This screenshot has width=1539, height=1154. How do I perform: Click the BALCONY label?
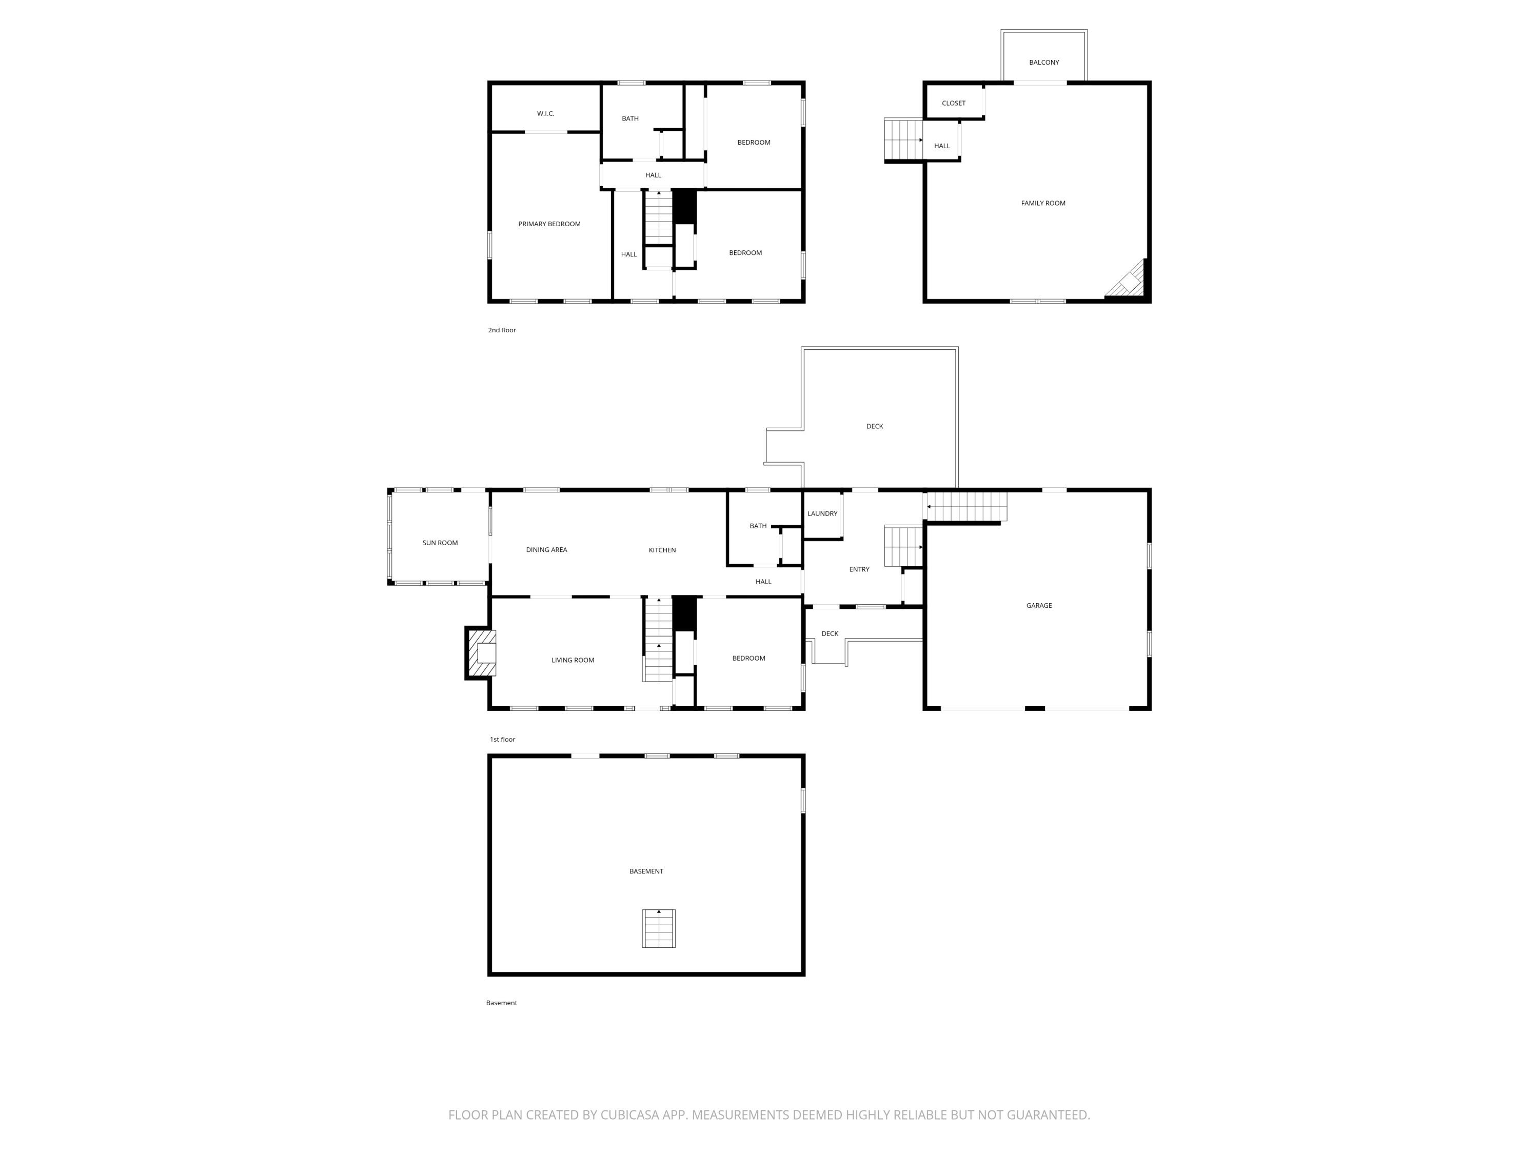1043,63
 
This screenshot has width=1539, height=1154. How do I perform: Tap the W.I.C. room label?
545,113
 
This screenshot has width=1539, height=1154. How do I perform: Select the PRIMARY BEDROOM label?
549,224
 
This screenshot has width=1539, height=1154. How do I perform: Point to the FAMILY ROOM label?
1043,203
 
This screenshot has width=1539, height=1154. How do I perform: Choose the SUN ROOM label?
440,543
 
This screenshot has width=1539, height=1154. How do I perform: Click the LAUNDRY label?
822,513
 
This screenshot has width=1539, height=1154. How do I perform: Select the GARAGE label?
1039,605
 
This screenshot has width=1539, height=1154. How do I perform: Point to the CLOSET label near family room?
953,103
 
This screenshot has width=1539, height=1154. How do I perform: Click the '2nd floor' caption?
502,330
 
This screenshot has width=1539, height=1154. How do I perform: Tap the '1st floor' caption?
502,740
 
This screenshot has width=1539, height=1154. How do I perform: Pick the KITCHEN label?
662,550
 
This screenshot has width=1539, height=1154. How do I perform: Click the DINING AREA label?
546,549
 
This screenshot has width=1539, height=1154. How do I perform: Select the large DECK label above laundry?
875,426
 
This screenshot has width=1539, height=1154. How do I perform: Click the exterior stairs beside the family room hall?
903,139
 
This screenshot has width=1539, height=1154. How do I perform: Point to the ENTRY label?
859,569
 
